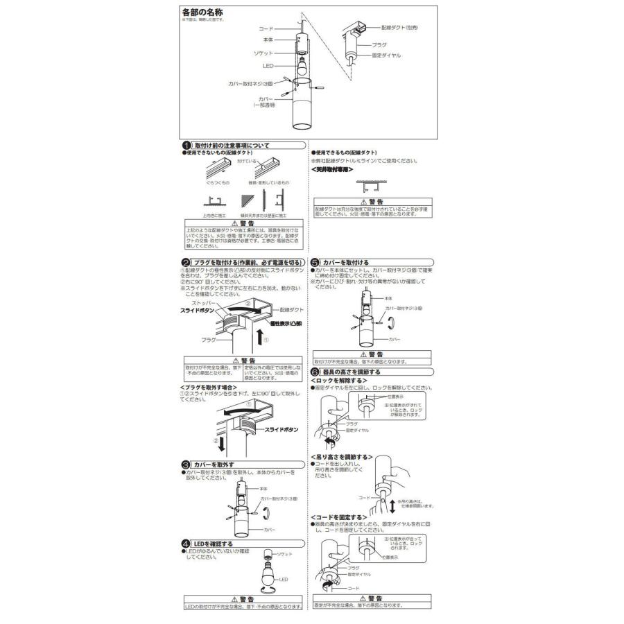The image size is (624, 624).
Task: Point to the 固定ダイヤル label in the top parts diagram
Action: (x=386, y=55)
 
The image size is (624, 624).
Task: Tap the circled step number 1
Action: (x=186, y=146)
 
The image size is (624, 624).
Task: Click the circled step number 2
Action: (x=186, y=263)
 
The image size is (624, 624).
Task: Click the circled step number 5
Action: (x=315, y=263)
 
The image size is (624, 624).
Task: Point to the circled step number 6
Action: (x=315, y=372)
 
